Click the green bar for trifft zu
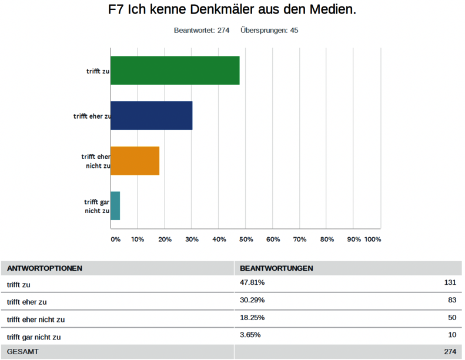tap(175, 70)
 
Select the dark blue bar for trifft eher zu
tap(151, 115)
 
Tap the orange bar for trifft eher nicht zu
tap(135, 160)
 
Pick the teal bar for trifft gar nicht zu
tap(115, 206)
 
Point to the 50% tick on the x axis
tap(246, 240)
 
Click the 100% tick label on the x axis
tap(372, 240)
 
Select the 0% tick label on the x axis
tap(115, 240)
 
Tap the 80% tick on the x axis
tap(327, 240)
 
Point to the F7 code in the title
tap(116, 10)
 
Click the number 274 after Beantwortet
tap(223, 31)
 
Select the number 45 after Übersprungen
tap(293, 31)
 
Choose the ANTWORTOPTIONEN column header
tap(45, 268)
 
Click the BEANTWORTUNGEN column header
tap(276, 268)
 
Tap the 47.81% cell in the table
tap(252, 282)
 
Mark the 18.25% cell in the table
tap(252, 318)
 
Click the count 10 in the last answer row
tap(451, 336)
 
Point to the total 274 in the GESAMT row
tap(449, 352)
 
